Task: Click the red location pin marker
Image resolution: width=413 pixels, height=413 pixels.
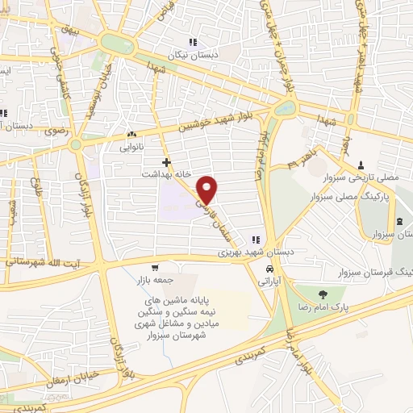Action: (x=207, y=189)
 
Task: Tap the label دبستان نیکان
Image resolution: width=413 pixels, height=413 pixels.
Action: (x=193, y=55)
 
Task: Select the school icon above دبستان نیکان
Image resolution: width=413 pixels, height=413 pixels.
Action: (x=193, y=42)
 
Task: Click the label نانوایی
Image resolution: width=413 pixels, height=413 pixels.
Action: (x=131, y=148)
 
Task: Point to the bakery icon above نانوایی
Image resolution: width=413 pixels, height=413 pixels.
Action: (x=131, y=136)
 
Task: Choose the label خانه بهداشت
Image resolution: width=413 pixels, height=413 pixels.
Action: (x=165, y=174)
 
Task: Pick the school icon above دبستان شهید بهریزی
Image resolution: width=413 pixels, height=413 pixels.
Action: (x=257, y=239)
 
